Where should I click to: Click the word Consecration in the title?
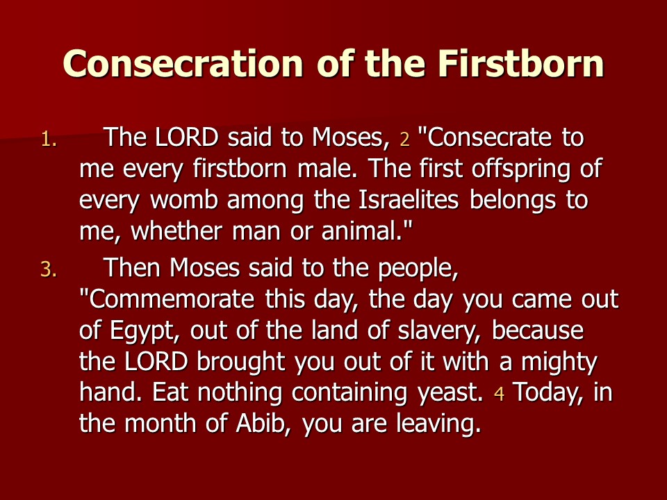[183, 63]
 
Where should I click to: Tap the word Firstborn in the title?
[520, 63]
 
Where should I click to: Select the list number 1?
[49, 139]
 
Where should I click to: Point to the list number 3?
[49, 269]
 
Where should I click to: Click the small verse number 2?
[404, 140]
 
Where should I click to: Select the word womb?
[183, 200]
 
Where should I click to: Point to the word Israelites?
[409, 200]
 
